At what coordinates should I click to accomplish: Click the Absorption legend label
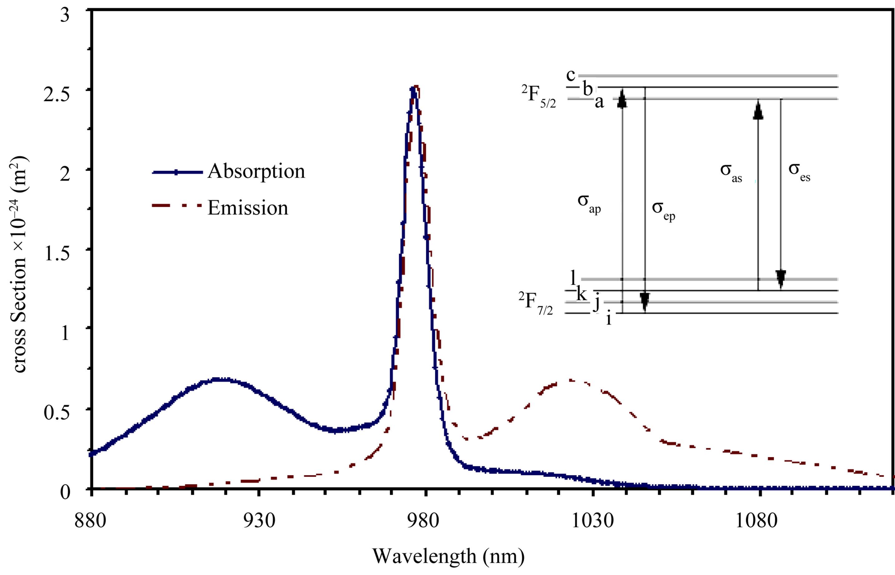pyautogui.click(x=256, y=172)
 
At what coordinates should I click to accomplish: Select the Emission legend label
pyautogui.click(x=248, y=208)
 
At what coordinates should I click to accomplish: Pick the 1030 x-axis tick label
pyautogui.click(x=592, y=522)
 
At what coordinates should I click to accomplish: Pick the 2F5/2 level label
pyautogui.click(x=539, y=97)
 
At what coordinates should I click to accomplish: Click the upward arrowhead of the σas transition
pyautogui.click(x=758, y=111)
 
